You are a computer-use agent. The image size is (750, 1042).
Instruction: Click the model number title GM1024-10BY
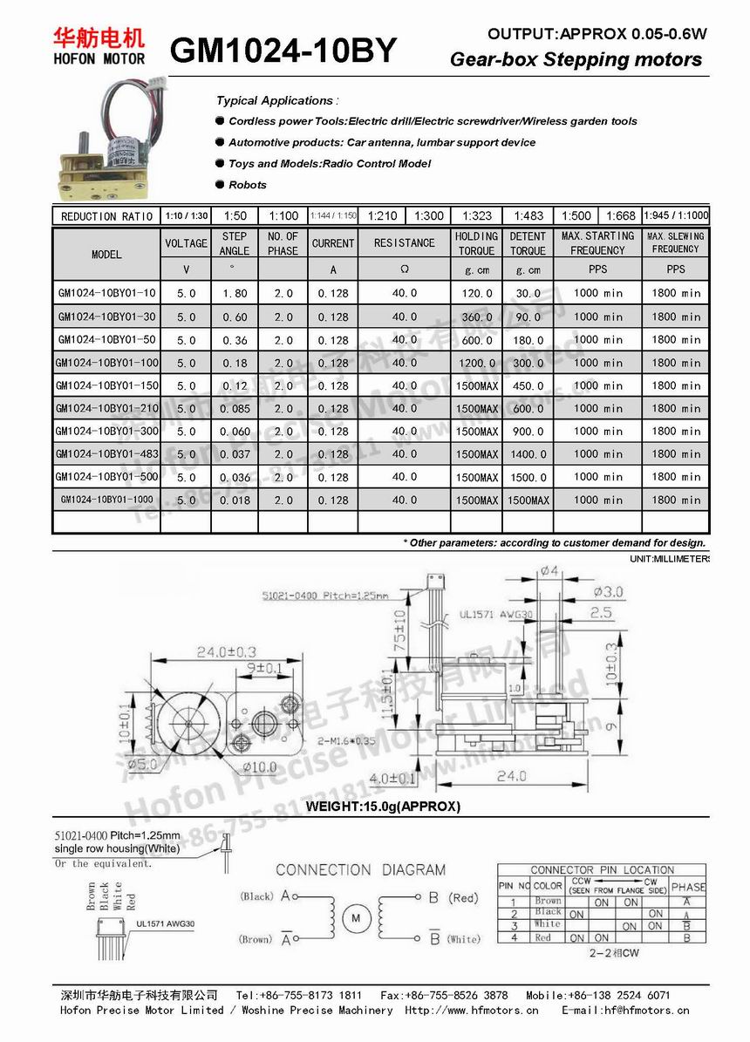tap(283, 51)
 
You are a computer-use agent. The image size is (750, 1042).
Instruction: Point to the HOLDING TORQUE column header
tap(476, 243)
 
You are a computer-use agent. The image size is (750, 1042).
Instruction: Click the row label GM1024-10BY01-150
tap(106, 385)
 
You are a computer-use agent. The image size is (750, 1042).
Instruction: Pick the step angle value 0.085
tap(235, 408)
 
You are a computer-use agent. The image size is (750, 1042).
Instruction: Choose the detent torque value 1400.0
tap(528, 454)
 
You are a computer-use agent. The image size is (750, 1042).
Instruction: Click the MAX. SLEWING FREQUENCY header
tap(676, 242)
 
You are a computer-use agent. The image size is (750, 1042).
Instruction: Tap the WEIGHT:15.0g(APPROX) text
tap(382, 807)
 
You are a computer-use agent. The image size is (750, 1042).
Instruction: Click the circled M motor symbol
tap(357, 917)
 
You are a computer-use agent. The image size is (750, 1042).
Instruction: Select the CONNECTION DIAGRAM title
tap(360, 869)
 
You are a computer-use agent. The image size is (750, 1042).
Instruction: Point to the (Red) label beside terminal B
tap(463, 897)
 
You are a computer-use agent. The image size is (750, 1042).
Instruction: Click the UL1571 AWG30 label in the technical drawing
tap(494, 614)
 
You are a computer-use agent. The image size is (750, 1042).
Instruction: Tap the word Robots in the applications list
tap(248, 185)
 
